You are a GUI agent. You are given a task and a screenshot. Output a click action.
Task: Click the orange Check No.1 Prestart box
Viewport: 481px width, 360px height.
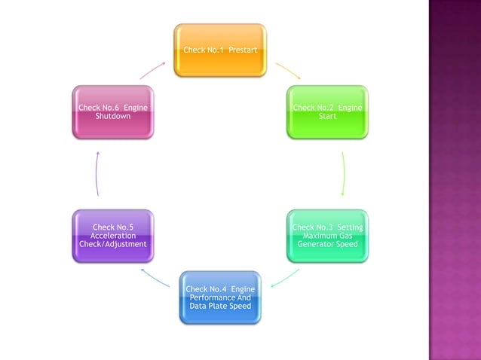click(x=220, y=50)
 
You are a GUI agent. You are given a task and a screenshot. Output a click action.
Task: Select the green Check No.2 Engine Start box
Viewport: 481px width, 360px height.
click(x=327, y=111)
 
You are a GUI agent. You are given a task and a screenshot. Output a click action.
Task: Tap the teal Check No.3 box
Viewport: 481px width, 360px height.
click(x=327, y=236)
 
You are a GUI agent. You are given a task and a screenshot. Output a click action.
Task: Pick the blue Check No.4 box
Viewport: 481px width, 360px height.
click(x=220, y=297)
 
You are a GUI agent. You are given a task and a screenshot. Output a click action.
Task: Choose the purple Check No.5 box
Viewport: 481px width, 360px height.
click(x=113, y=236)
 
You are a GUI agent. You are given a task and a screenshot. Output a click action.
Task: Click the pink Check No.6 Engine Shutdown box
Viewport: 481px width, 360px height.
click(x=113, y=111)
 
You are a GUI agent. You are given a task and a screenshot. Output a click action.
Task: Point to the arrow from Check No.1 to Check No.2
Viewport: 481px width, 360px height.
click(x=287, y=71)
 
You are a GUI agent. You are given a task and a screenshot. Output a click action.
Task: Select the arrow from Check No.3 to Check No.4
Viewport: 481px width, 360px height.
click(x=284, y=278)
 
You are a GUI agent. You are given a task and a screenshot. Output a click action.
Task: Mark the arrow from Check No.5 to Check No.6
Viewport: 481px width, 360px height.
click(x=97, y=173)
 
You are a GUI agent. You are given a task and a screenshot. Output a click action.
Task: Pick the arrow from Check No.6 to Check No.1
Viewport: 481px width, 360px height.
click(x=153, y=71)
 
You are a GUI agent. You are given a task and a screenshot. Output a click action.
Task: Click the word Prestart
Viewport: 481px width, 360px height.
click(x=243, y=50)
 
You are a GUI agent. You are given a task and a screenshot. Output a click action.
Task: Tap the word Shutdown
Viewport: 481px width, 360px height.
click(x=113, y=117)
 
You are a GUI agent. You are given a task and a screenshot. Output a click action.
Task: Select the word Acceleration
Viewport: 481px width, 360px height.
click(x=113, y=236)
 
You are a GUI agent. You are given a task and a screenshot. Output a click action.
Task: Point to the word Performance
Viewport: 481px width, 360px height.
click(x=220, y=297)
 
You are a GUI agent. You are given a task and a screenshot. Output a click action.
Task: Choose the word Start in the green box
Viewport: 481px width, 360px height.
click(x=327, y=117)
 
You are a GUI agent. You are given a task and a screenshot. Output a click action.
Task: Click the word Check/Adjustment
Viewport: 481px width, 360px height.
click(x=113, y=244)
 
